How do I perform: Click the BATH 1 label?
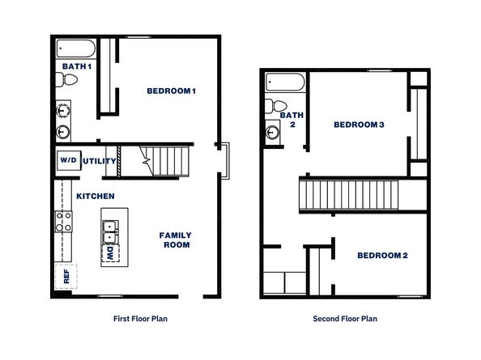77,66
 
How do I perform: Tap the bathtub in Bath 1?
76,49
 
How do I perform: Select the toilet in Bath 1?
66,79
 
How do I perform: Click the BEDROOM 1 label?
171,91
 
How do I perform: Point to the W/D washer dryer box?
69,160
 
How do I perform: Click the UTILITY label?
100,161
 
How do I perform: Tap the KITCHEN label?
96,196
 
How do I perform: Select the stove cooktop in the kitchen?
63,222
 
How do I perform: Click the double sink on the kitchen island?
110,232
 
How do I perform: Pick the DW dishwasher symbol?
110,253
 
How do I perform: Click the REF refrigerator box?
66,277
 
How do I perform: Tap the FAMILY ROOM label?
176,240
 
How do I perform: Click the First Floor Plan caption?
141,319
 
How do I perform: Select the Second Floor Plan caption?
345,319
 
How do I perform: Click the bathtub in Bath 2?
285,82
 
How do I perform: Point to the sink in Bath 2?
273,132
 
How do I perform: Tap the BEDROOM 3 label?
359,125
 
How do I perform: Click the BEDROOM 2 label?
382,256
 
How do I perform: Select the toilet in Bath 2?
276,106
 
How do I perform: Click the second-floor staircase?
349,195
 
